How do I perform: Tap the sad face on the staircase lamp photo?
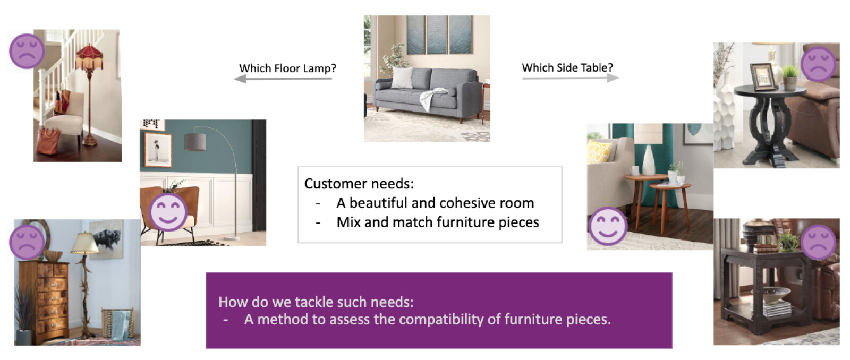pyautogui.click(x=27, y=51)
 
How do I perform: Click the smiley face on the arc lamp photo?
pyautogui.click(x=168, y=212)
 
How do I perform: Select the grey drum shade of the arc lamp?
pyautogui.click(x=195, y=142)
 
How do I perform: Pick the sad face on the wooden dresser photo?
pyautogui.click(x=27, y=242)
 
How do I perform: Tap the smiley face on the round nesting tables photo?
pyautogui.click(x=608, y=226)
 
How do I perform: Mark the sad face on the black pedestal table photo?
pyautogui.click(x=818, y=64)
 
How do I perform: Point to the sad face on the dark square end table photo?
pyautogui.click(x=818, y=242)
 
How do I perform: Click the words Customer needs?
pyautogui.click(x=359, y=184)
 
